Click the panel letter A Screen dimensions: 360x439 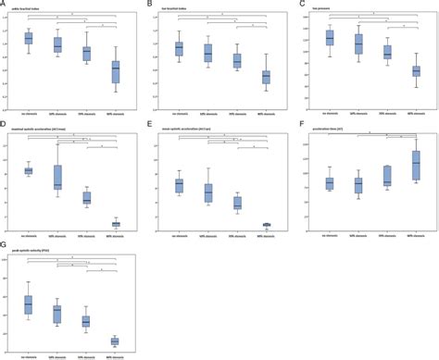4,5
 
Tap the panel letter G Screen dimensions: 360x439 4,242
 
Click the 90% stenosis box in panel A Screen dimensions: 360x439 116,73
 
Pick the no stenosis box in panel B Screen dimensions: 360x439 180,49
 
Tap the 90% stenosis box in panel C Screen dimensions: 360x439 416,70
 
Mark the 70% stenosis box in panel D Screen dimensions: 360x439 87,198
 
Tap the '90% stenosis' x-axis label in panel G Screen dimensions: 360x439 116,354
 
